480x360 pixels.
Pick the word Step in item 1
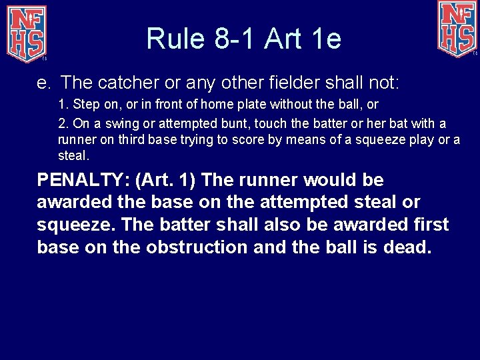coord(83,104)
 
